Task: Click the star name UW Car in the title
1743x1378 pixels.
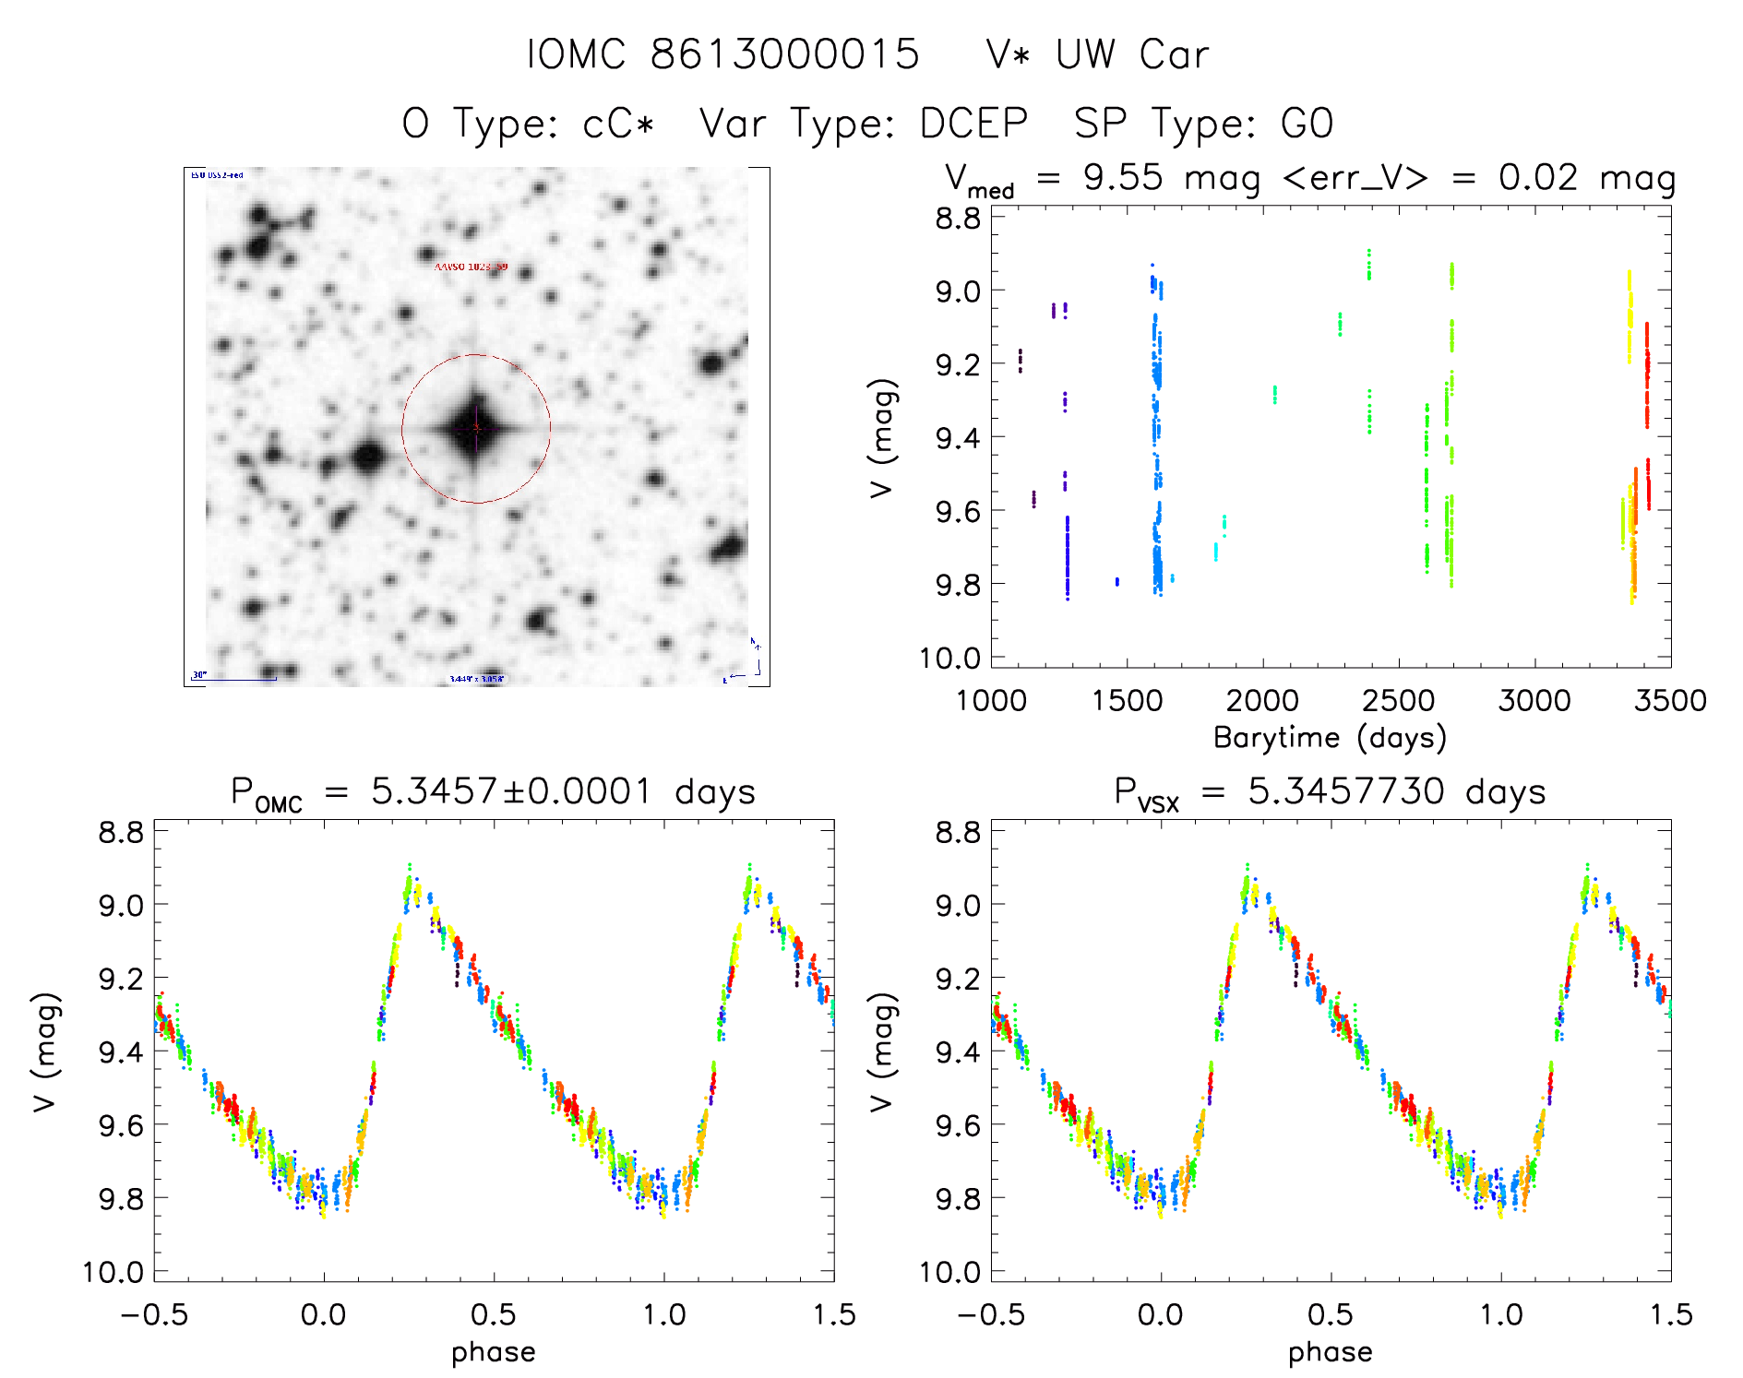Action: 1132,54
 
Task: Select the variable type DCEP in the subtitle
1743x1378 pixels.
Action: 973,124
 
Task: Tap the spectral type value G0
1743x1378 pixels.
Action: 1307,124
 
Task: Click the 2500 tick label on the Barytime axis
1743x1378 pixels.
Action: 1398,701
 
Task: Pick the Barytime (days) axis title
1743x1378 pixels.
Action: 1330,738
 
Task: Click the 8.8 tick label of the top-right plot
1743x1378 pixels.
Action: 959,219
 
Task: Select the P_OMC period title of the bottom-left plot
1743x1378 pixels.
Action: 493,792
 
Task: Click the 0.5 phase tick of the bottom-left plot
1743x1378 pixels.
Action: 493,1314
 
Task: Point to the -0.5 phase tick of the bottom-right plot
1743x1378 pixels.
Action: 990,1314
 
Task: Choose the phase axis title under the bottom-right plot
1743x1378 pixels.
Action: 1330,1352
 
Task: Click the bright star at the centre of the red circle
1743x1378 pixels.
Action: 476,428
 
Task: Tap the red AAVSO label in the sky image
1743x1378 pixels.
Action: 471,267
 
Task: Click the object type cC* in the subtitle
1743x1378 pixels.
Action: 619,124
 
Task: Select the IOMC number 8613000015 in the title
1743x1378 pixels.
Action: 784,54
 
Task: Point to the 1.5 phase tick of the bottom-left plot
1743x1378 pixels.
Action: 834,1314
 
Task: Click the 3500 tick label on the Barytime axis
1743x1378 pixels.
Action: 1670,701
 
